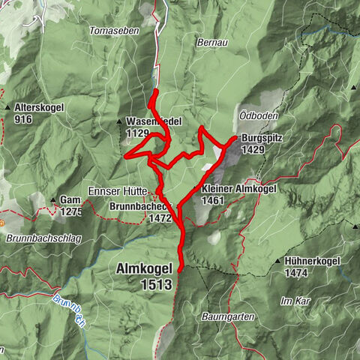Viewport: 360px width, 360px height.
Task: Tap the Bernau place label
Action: [x=212, y=44]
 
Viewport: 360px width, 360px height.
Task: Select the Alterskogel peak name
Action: [x=40, y=108]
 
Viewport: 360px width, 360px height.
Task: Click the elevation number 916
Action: [x=25, y=119]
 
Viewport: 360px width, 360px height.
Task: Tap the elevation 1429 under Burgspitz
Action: [x=253, y=150]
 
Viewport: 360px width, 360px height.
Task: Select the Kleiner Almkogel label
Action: [x=238, y=189]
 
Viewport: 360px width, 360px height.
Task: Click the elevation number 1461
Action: [x=214, y=200]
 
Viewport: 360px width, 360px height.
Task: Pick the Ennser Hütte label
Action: [x=118, y=190]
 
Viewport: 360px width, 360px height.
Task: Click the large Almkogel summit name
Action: [x=145, y=268]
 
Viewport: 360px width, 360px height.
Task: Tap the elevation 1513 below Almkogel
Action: [x=155, y=284]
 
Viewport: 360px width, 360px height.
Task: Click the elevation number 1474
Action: [x=298, y=273]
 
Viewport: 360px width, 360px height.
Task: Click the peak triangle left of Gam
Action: [x=53, y=199]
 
